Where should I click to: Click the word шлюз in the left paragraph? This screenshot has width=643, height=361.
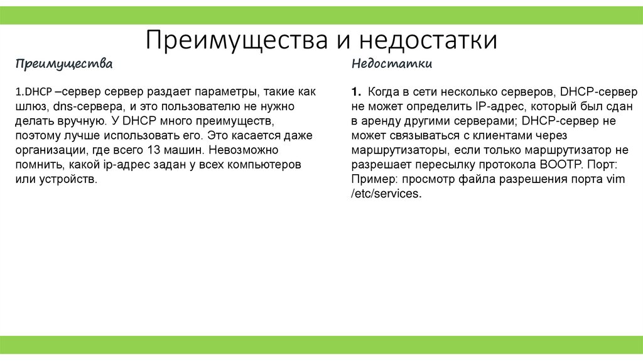(31, 107)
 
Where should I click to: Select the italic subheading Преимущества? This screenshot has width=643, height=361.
(65, 64)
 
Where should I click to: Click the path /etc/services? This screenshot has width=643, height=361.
(385, 194)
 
